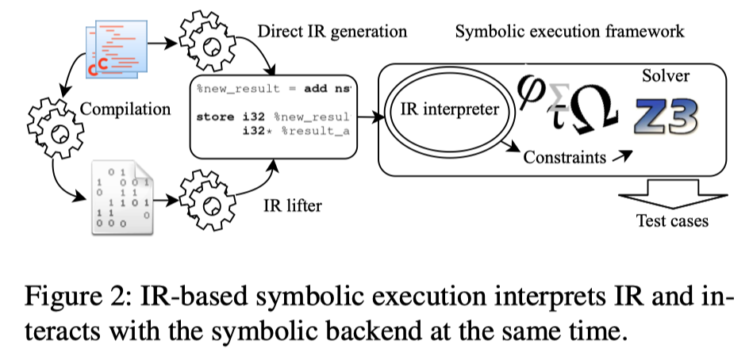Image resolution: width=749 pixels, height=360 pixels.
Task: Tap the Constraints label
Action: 564,157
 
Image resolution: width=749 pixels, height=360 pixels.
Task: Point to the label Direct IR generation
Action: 332,32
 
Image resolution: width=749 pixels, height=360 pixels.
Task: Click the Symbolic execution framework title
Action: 570,32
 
